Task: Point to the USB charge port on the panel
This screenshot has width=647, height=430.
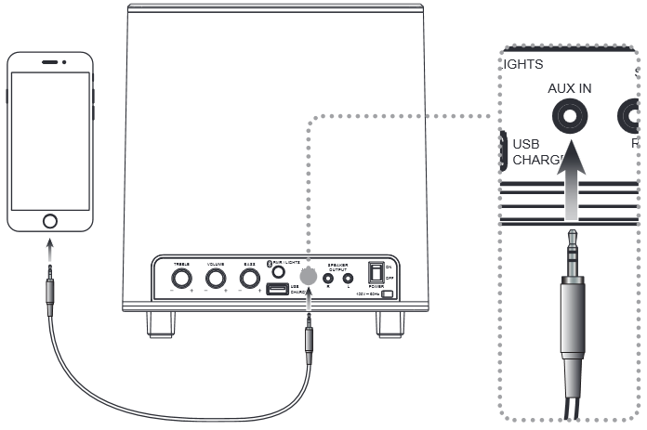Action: [x=277, y=290]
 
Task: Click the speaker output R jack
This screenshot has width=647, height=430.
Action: [x=328, y=278]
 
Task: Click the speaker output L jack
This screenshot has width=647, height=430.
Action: [x=349, y=278]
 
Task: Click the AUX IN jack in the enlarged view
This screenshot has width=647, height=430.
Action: [x=570, y=117]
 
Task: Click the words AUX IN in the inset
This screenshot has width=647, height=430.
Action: [x=570, y=88]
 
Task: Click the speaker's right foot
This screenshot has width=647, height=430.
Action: [x=390, y=322]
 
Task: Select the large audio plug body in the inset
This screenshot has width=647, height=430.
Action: [x=570, y=325]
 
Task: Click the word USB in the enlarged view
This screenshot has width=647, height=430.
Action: [x=527, y=145]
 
